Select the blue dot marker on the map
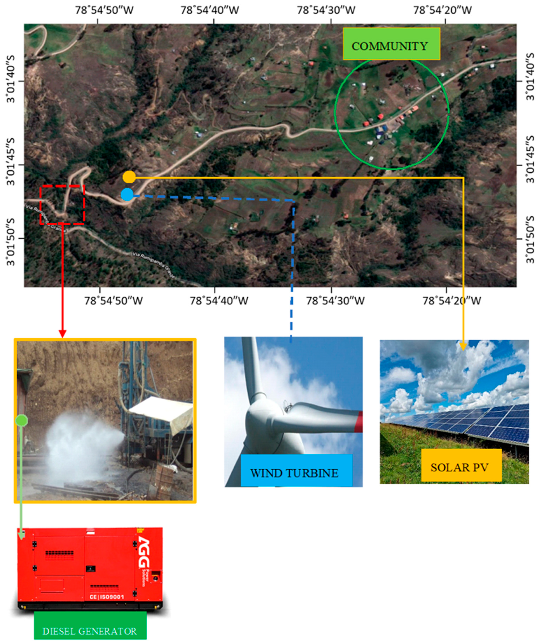tap(127, 194)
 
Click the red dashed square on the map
tap(62, 205)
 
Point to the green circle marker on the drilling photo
tap(22, 420)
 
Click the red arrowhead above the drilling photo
tap(62, 334)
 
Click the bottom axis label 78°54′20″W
tap(451, 301)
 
